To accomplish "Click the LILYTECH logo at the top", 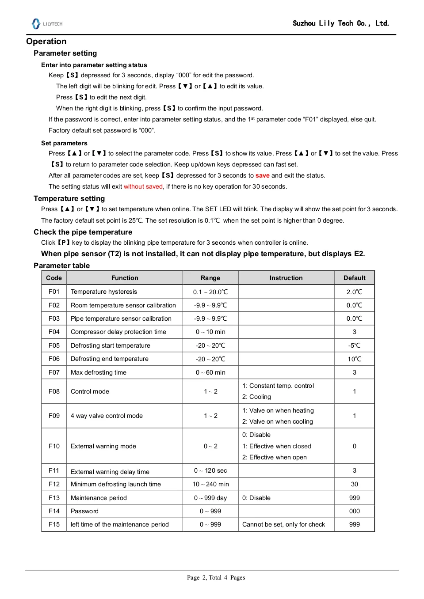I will [x=47, y=24].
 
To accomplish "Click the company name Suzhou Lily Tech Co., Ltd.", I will [x=340, y=23].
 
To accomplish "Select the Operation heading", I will [x=46, y=42].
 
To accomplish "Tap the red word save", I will [x=262, y=175].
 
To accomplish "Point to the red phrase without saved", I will [x=143, y=186].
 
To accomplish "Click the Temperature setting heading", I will [x=69, y=198].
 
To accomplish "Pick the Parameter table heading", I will [x=62, y=265].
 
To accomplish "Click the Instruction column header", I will [x=286, y=278].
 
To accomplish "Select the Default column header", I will [x=355, y=278].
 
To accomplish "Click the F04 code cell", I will [x=54, y=332].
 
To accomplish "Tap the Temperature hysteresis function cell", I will [x=104, y=292].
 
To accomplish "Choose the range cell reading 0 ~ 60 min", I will [x=210, y=372].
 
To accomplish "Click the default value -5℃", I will [x=355, y=345].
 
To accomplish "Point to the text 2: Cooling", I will [x=256, y=397].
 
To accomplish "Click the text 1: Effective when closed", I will [x=277, y=446].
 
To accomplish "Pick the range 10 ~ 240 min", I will [x=210, y=484].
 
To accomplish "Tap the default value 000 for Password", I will [x=355, y=511].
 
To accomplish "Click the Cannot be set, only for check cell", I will [x=283, y=524].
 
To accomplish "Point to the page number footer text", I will [x=216, y=577].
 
